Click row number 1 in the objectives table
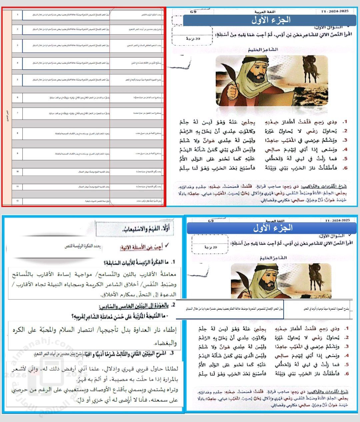(x=17, y=15)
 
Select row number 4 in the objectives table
(x=17, y=62)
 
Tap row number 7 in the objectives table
(x=17, y=113)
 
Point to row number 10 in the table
(x=17, y=171)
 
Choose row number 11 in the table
(x=17, y=187)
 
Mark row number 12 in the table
(x=17, y=201)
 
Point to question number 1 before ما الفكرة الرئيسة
(x=173, y=263)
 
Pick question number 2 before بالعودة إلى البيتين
(x=174, y=305)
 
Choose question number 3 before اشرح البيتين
(x=171, y=354)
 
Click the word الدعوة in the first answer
(x=168, y=295)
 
